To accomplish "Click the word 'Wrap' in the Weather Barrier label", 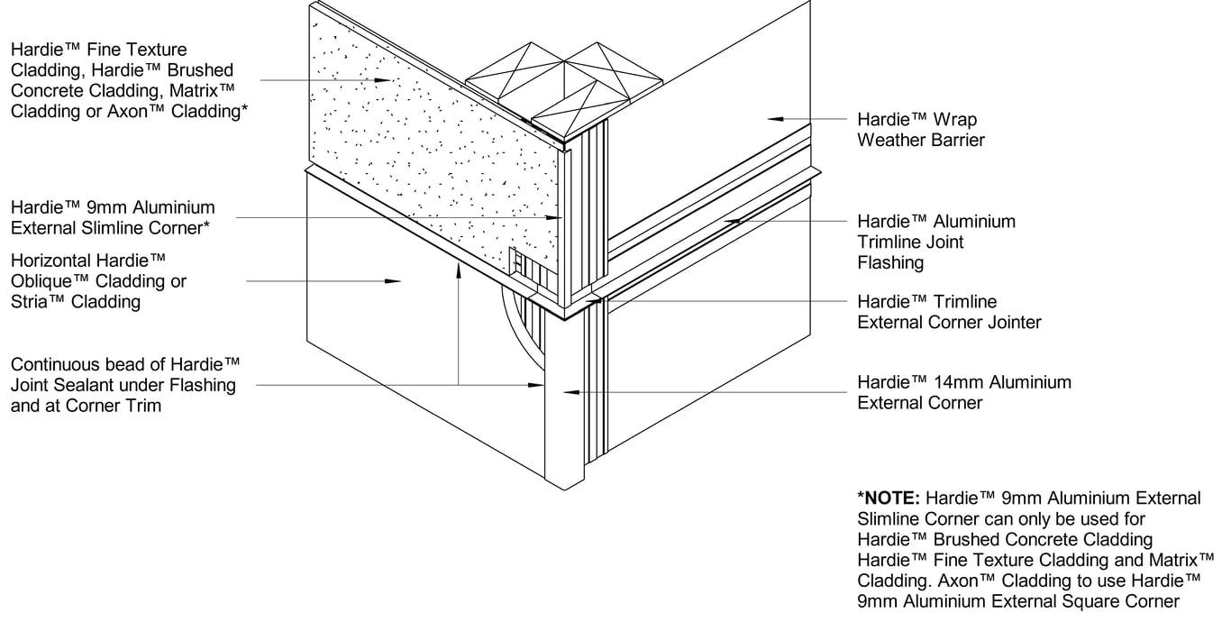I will tap(956, 119).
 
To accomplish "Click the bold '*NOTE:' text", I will tap(889, 499).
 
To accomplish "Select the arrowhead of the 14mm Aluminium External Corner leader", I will tap(567, 391).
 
